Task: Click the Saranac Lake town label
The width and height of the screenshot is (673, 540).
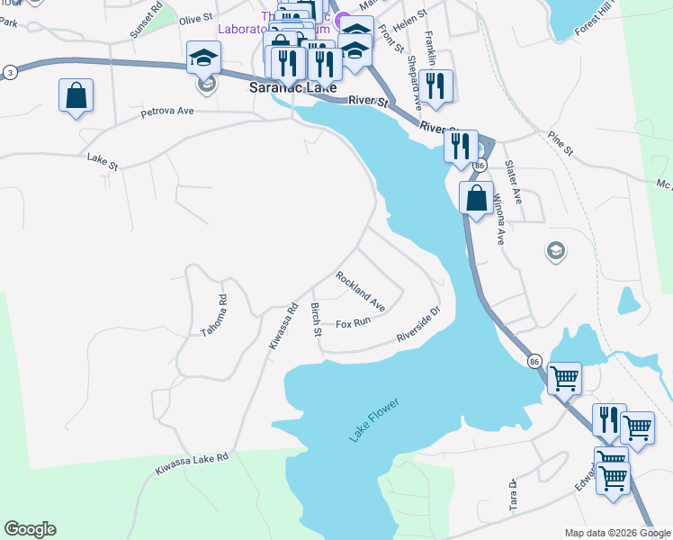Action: coord(292,89)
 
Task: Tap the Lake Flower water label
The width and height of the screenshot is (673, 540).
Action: coord(373,419)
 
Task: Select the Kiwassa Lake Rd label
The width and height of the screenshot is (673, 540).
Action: coord(192,463)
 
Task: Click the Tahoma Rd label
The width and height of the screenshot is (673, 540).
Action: coord(213,314)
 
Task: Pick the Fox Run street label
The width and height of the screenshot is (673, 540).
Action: coord(353,322)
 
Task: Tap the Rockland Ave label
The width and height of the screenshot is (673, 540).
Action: coord(361,292)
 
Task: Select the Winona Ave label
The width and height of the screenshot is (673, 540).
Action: coord(497,221)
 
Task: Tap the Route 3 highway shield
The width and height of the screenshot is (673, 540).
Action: coord(10,71)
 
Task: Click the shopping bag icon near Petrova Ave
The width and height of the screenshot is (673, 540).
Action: coord(76,95)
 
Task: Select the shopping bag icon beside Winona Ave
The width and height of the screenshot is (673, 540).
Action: coord(477,197)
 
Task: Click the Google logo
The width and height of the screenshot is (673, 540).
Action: coord(30,529)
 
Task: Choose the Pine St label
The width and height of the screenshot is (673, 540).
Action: coord(561,144)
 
